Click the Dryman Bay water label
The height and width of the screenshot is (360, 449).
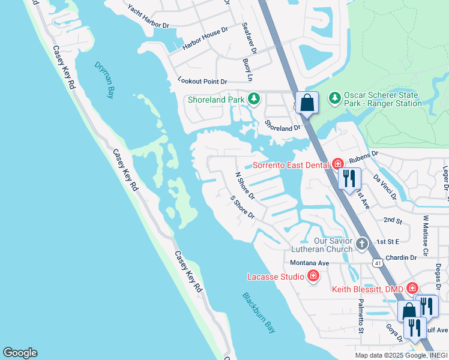pyautogui.click(x=104, y=80)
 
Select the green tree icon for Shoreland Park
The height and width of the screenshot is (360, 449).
pyautogui.click(x=254, y=98)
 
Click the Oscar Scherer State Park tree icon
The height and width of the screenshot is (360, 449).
pyautogui.click(x=334, y=97)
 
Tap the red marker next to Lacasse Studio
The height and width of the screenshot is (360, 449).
pyautogui.click(x=312, y=276)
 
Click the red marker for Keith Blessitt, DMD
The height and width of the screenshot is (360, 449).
pyautogui.click(x=412, y=289)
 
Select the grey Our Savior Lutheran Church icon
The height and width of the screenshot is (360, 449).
pyautogui.click(x=361, y=244)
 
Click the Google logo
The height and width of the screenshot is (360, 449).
pyautogui.click(x=20, y=353)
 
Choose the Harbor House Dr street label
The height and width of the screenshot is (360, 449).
pyautogui.click(x=206, y=38)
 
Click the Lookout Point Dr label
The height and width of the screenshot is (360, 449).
pyautogui.click(x=202, y=81)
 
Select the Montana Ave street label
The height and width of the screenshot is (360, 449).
pyautogui.click(x=309, y=263)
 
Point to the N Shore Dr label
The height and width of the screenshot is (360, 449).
pyautogui.click(x=244, y=186)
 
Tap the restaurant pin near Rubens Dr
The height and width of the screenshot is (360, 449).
pyautogui.click(x=349, y=178)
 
